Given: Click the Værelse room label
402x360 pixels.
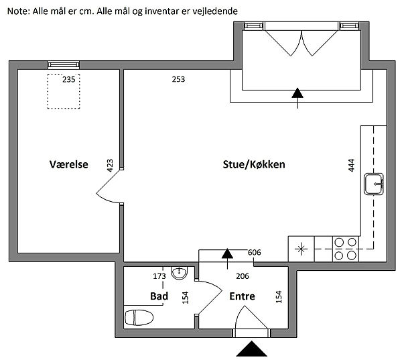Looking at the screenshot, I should pyautogui.click(x=68, y=164).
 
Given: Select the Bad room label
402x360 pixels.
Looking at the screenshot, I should pyautogui.click(x=158, y=296).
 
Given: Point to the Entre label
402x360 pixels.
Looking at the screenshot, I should pyautogui.click(x=242, y=296).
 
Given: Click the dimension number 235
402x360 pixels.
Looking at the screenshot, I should pyautogui.click(x=69, y=79).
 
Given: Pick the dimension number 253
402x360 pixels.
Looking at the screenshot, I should pyautogui.click(x=178, y=79).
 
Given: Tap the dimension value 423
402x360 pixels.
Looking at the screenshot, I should pyautogui.click(x=109, y=166).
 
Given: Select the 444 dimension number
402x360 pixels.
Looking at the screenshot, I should pyautogui.click(x=351, y=166).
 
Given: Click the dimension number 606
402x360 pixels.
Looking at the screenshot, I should pyautogui.click(x=253, y=253).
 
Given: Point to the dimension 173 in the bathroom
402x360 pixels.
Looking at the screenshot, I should pyautogui.click(x=159, y=275).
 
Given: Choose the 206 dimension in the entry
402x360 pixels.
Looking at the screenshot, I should pyautogui.click(x=241, y=275).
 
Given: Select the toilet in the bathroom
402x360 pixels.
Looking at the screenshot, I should pyautogui.click(x=139, y=317).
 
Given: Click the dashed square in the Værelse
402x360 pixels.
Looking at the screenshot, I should pyautogui.click(x=63, y=92).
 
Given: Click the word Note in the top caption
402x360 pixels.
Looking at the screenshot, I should pyautogui.click(x=17, y=11).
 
